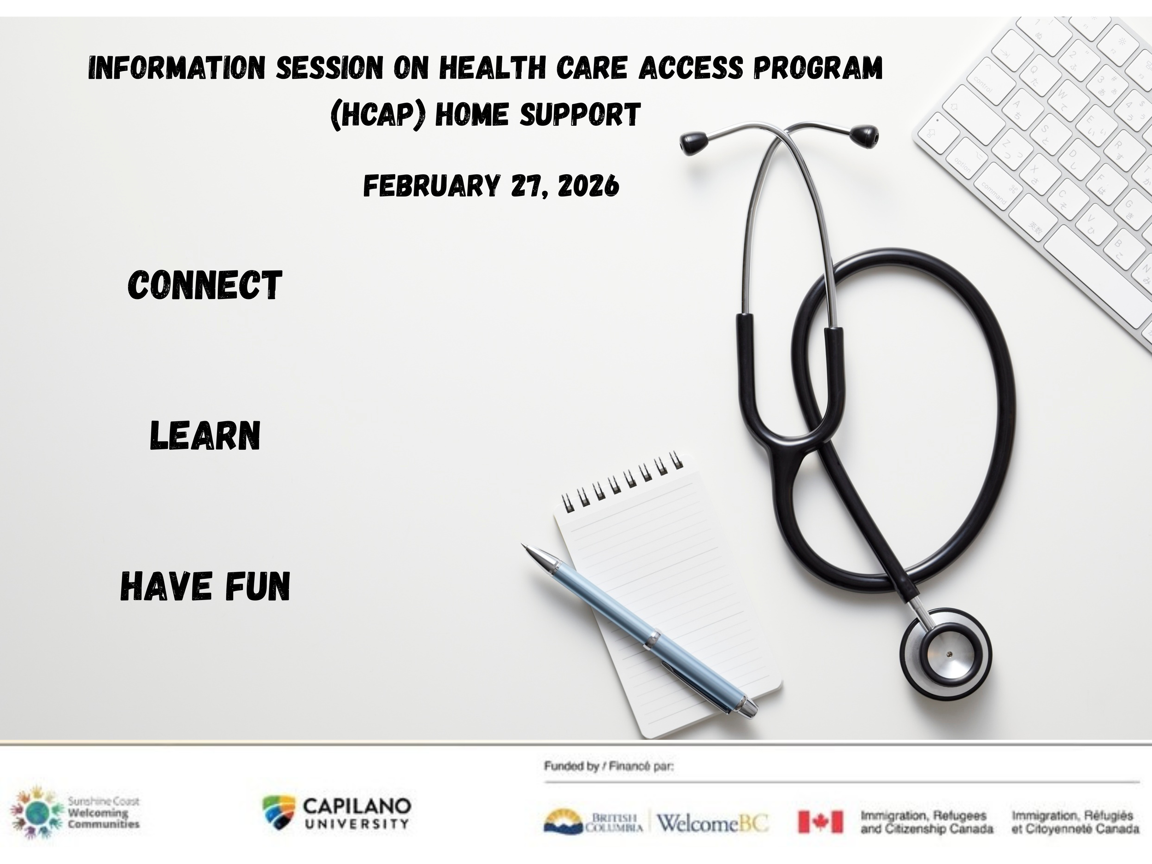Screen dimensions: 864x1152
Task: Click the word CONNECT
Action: tap(205, 285)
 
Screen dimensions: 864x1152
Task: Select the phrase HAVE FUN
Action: tap(205, 586)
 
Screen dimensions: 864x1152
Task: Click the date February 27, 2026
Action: tap(491, 186)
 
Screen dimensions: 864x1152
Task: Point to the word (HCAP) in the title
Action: tap(378, 115)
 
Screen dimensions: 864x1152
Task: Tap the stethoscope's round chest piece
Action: tap(946, 653)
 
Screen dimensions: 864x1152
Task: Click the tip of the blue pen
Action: tap(525, 547)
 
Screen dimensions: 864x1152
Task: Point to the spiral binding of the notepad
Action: tap(623, 482)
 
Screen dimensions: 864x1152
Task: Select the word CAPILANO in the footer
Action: tap(357, 806)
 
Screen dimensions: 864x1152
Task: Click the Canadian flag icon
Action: tap(820, 822)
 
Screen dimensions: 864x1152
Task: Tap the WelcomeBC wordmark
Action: tap(712, 823)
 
